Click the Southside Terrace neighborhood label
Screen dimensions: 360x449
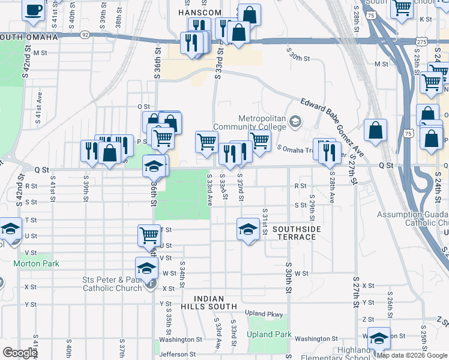click(297, 233)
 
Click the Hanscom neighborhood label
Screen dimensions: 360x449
click(200, 13)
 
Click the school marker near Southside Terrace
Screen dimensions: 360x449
click(248, 229)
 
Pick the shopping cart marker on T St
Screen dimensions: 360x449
click(149, 235)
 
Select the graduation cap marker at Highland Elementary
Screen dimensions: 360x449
click(379, 338)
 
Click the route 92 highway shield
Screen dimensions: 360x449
click(86, 35)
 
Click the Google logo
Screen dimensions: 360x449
click(20, 353)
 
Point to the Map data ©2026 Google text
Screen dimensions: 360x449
click(412, 355)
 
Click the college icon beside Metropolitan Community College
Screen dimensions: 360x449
click(295, 122)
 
